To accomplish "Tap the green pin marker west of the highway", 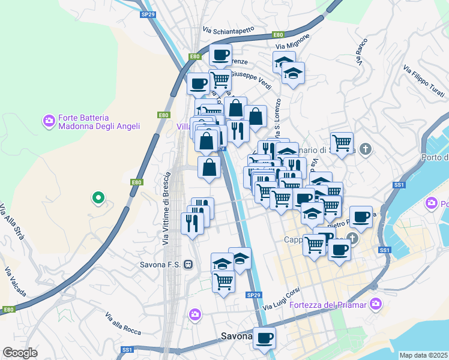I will point(97,197).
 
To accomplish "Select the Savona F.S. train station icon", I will point(188,264).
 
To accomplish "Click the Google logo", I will point(20,352).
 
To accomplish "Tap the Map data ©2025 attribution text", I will point(424,355).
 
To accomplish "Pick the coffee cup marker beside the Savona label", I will point(264,337).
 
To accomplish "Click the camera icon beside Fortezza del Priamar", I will point(376,304).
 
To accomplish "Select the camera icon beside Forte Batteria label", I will point(49,122).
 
